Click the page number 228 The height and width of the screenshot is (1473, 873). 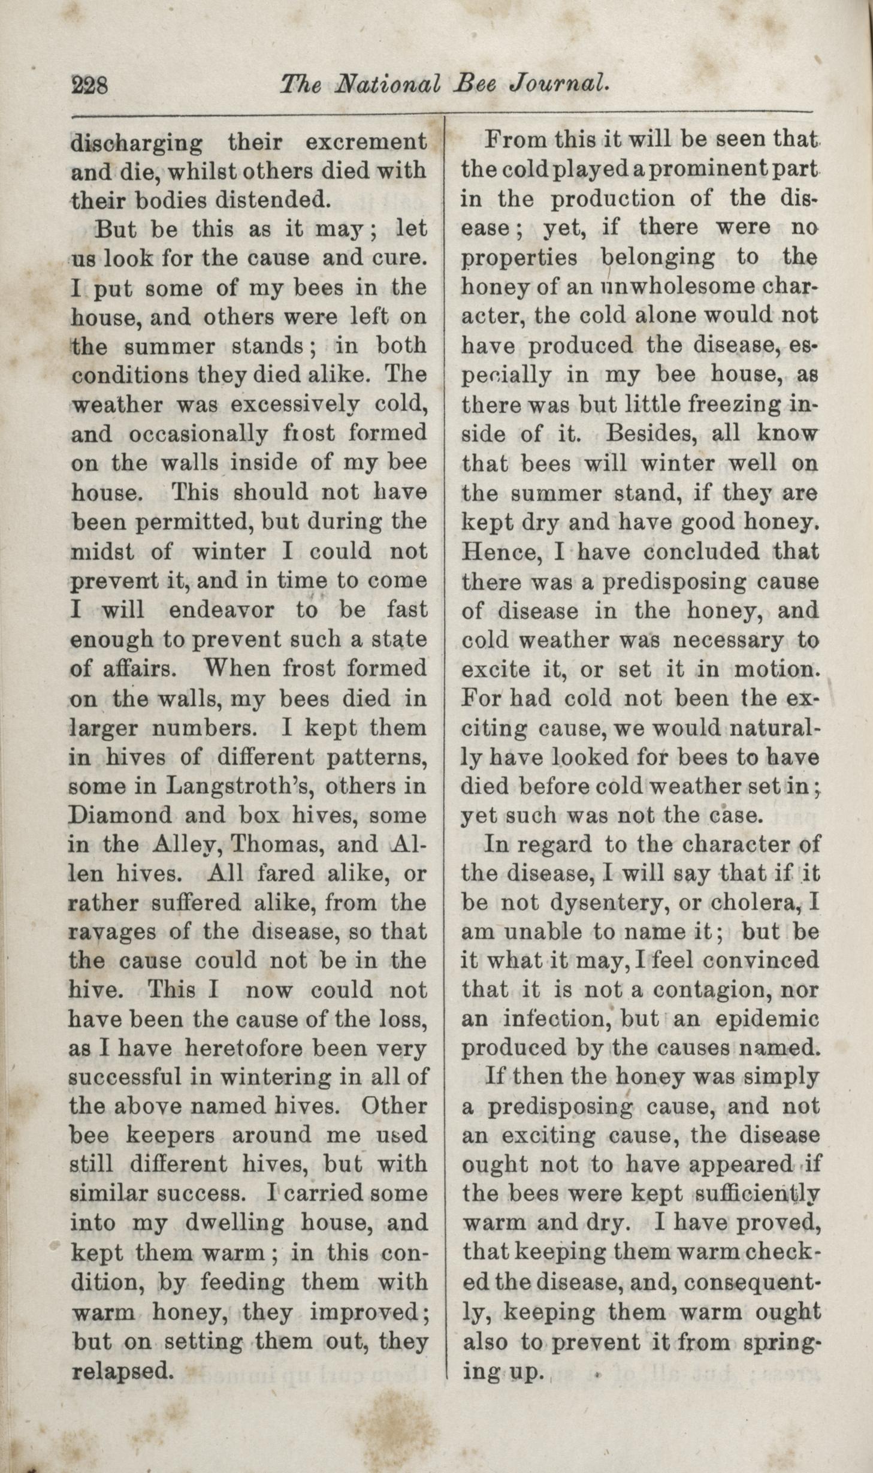pyautogui.click(x=89, y=86)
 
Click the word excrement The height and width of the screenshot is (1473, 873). pyautogui.click(x=366, y=143)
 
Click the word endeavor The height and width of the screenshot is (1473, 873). pyautogui.click(x=222, y=610)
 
